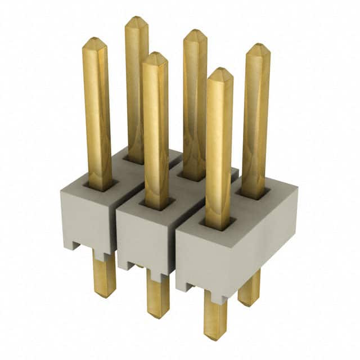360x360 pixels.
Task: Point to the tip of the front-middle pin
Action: click(155, 56)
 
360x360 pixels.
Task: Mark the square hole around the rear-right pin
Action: click(254, 194)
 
